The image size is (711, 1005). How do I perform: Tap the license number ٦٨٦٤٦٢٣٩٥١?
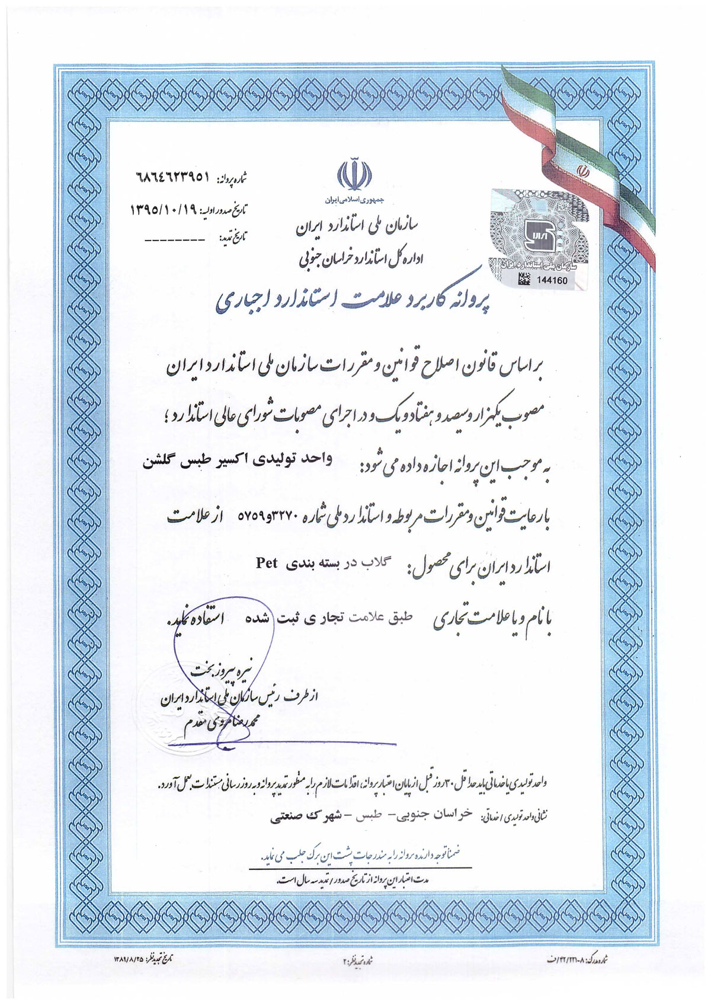172,177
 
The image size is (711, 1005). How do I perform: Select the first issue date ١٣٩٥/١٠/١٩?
164,209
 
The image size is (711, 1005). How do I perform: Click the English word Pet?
267,562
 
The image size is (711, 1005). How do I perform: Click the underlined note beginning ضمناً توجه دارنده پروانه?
360,856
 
